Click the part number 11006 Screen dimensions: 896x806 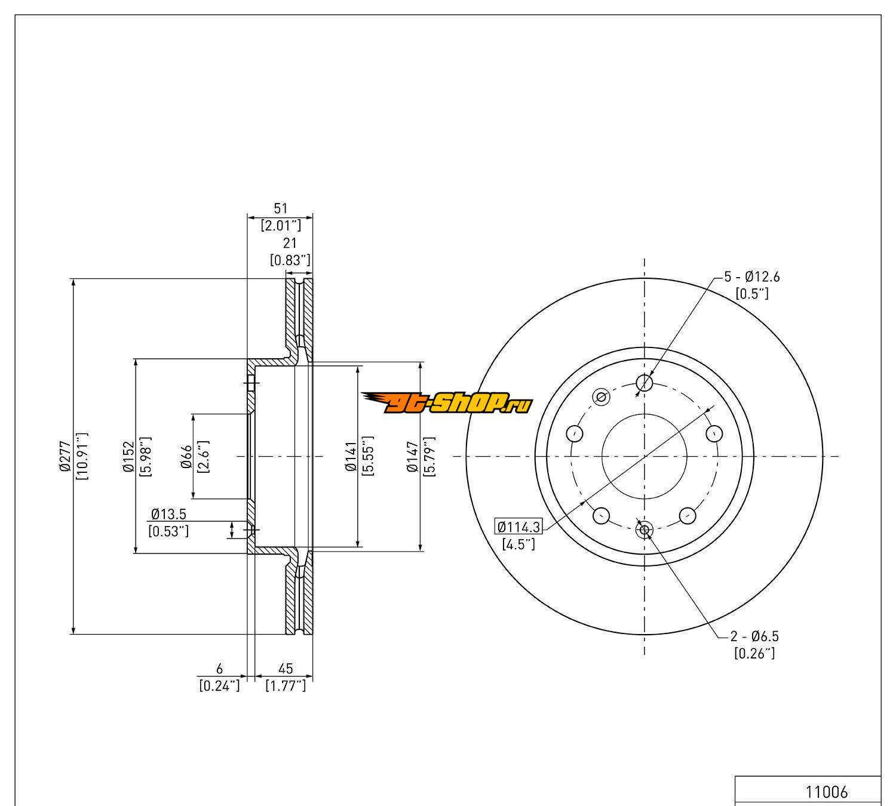click(x=826, y=792)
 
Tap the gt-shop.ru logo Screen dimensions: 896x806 click(x=447, y=402)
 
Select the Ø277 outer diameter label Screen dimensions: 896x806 click(x=65, y=456)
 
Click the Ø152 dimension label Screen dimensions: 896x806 click(x=128, y=456)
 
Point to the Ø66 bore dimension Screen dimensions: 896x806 click(x=187, y=456)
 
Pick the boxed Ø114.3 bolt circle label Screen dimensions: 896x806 click(x=518, y=527)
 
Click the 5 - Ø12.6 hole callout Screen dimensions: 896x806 click(x=751, y=277)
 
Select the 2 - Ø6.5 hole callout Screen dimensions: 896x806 click(x=754, y=636)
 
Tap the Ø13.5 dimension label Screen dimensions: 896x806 click(x=168, y=514)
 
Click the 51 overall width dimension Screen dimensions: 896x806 click(x=281, y=208)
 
